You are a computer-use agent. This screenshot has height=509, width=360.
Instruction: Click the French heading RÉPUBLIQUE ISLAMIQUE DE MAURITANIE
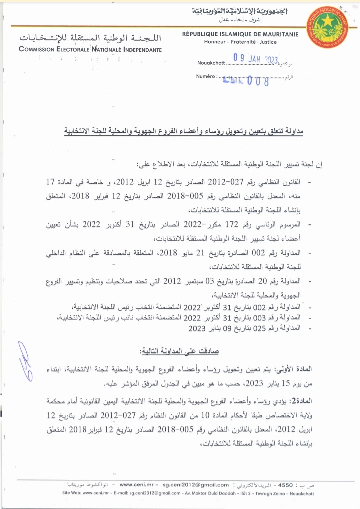click(x=240, y=34)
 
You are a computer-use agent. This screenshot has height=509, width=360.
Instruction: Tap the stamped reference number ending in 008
click(x=246, y=80)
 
